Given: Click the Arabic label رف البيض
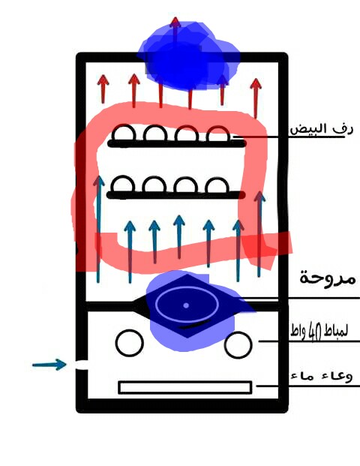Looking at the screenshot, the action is (322, 129).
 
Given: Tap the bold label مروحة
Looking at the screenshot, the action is (327, 278).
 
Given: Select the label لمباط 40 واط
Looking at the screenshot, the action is (319, 331).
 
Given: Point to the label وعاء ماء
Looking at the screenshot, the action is (322, 376).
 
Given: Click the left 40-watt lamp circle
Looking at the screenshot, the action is (130, 343).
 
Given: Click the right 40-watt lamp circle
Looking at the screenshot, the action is (238, 345).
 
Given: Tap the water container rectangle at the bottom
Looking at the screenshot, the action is (185, 387).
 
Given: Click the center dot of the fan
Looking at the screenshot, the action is (186, 305).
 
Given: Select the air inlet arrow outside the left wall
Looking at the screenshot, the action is (49, 365).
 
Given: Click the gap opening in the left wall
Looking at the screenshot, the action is (81, 365).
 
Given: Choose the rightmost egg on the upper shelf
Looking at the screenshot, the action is (218, 134).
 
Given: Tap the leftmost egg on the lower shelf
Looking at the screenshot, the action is (123, 185).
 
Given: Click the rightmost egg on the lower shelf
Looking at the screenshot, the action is (217, 185).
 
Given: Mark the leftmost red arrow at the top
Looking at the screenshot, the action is (103, 89).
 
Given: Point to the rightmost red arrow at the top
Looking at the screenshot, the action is (256, 98).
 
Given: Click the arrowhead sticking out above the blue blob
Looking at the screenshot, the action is (175, 23).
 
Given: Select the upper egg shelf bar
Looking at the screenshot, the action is (176, 144).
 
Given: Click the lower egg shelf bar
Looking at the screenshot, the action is (175, 195).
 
